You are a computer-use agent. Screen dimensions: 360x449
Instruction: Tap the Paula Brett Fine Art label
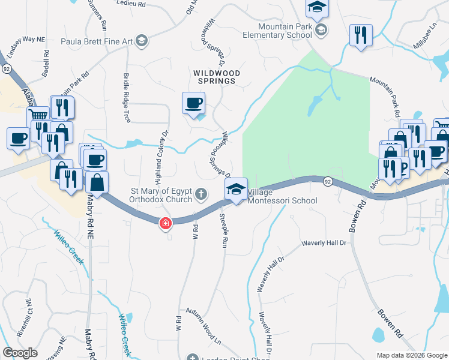97,41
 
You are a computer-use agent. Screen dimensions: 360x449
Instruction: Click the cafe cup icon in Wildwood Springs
193,103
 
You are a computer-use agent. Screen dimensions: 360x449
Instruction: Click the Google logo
20,353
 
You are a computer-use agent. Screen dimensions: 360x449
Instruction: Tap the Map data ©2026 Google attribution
411,355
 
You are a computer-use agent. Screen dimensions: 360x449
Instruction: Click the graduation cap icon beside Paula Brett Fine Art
142,41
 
